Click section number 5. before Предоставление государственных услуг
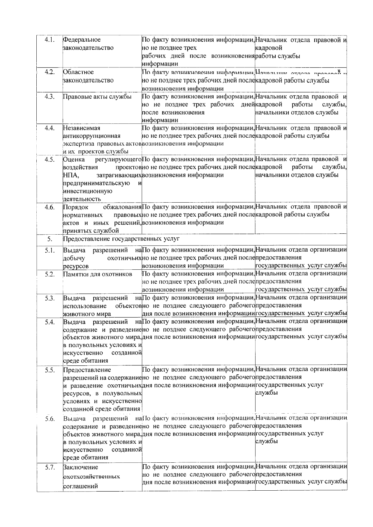50,239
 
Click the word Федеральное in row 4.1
82,40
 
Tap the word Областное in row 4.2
78,72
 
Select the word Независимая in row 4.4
82,128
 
